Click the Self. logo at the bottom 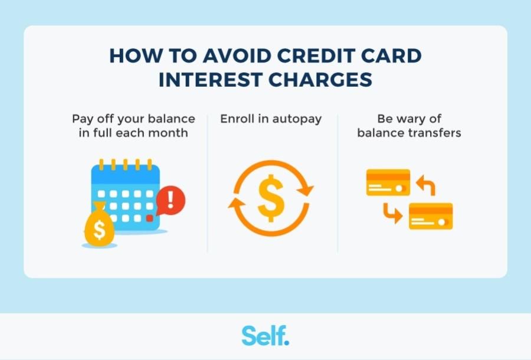[265, 335]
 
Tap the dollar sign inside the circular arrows [271, 198]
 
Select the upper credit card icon [388, 182]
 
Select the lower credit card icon [431, 216]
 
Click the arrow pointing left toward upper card [426, 185]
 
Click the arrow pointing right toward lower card [392, 212]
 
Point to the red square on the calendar [149, 218]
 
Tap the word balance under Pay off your [173, 119]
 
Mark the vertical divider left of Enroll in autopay [208, 183]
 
